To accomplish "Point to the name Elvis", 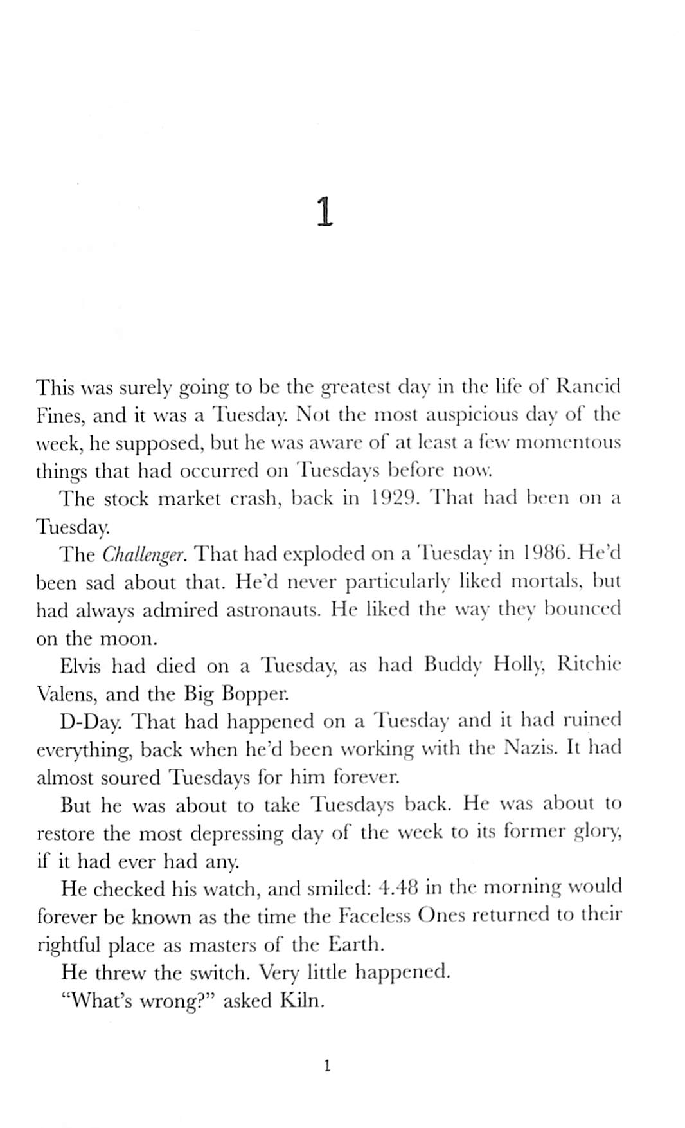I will coord(80,666).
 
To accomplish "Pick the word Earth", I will coord(356,944).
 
